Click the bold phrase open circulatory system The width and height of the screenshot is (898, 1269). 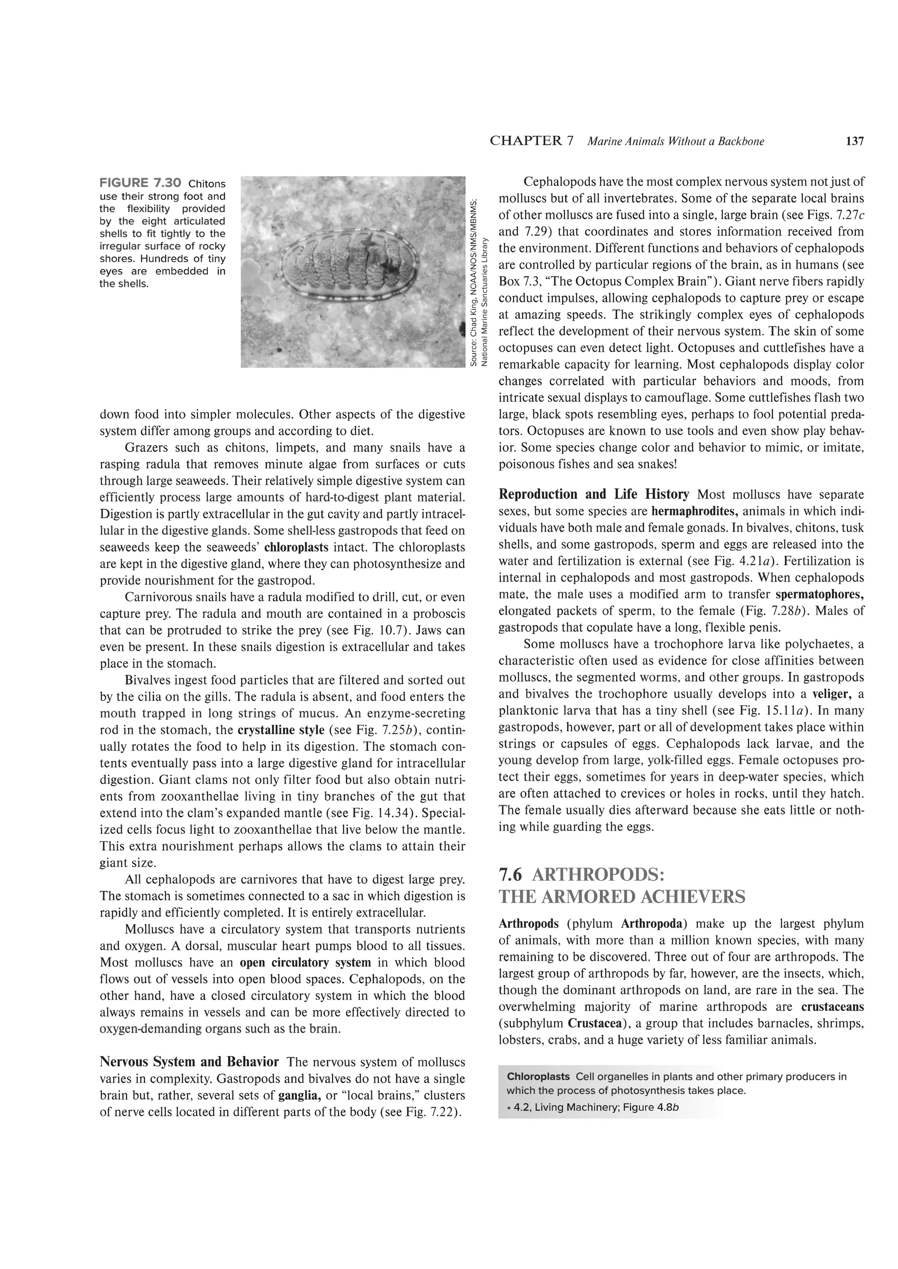coord(305,962)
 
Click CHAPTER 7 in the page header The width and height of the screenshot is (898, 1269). coord(531,141)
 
